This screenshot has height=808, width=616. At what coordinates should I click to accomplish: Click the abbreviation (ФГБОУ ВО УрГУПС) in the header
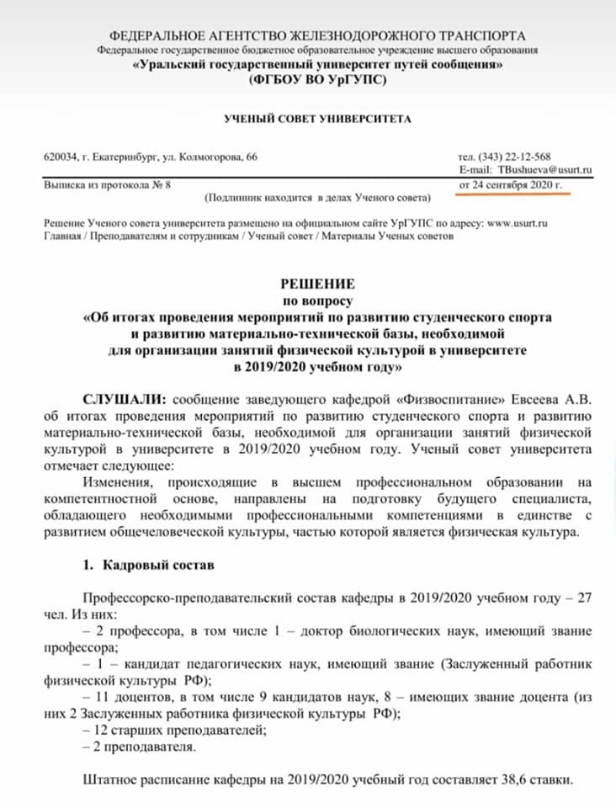316,80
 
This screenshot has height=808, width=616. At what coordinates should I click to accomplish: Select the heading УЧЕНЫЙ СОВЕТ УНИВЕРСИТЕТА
317,119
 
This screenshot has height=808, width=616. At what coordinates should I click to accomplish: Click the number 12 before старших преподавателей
101,729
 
